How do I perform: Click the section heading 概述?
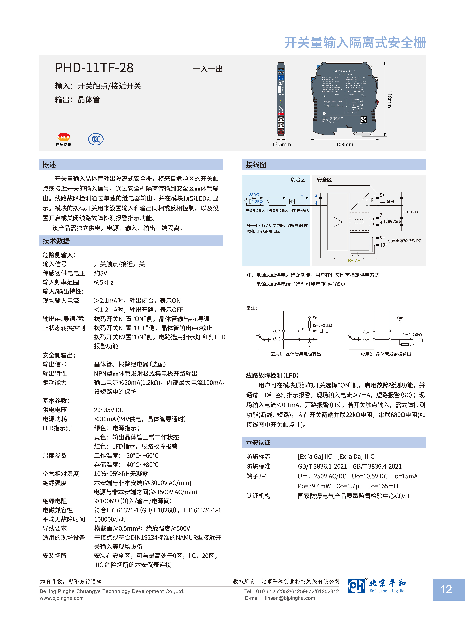click(49, 165)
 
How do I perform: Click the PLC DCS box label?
click(410, 212)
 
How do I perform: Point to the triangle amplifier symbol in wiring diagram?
click(338, 222)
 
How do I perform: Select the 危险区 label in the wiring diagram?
click(298, 180)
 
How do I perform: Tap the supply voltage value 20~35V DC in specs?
click(109, 410)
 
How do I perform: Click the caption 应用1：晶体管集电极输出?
click(296, 354)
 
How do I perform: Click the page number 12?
click(446, 589)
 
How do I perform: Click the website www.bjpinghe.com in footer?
click(62, 598)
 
